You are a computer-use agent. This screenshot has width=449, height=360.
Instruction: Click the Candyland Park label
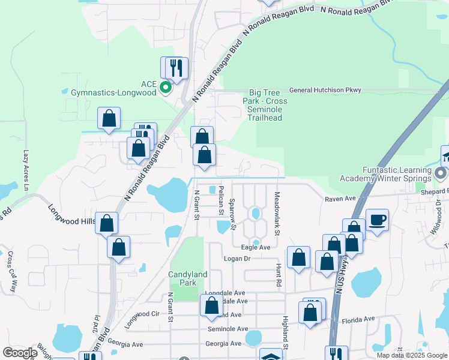click(x=188, y=278)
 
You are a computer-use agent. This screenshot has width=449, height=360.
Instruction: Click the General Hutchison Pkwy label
click(x=325, y=91)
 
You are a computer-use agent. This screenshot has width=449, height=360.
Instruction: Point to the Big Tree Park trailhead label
click(x=268, y=105)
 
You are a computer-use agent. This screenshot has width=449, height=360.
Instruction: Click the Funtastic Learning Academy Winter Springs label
click(x=394, y=174)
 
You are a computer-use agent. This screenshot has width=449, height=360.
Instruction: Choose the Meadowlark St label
click(x=277, y=205)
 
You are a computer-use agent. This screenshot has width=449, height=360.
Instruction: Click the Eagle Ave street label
click(x=255, y=247)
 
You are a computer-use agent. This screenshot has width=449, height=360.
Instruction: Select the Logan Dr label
click(x=237, y=259)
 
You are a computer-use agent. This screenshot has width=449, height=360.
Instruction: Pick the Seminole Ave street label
click(x=228, y=329)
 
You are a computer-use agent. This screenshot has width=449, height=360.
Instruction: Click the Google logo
click(x=20, y=353)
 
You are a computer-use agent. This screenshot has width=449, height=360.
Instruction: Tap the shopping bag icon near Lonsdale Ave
click(x=211, y=305)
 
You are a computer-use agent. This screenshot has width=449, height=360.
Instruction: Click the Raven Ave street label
click(x=341, y=199)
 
